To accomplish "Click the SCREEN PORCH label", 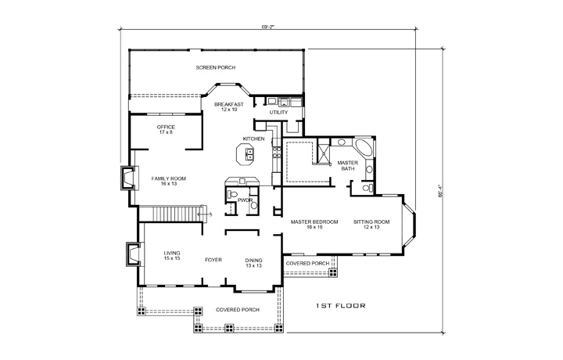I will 216,68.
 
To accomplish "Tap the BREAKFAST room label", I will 228,104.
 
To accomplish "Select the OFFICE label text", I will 165,127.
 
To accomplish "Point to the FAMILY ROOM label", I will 168,178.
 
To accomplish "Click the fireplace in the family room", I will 126,179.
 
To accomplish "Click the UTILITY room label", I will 278,112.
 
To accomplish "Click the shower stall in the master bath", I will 321,152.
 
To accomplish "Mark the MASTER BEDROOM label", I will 314,222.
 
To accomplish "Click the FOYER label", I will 213,260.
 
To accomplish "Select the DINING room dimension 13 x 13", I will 254,265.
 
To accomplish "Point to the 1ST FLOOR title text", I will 341,305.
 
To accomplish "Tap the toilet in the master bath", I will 366,187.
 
